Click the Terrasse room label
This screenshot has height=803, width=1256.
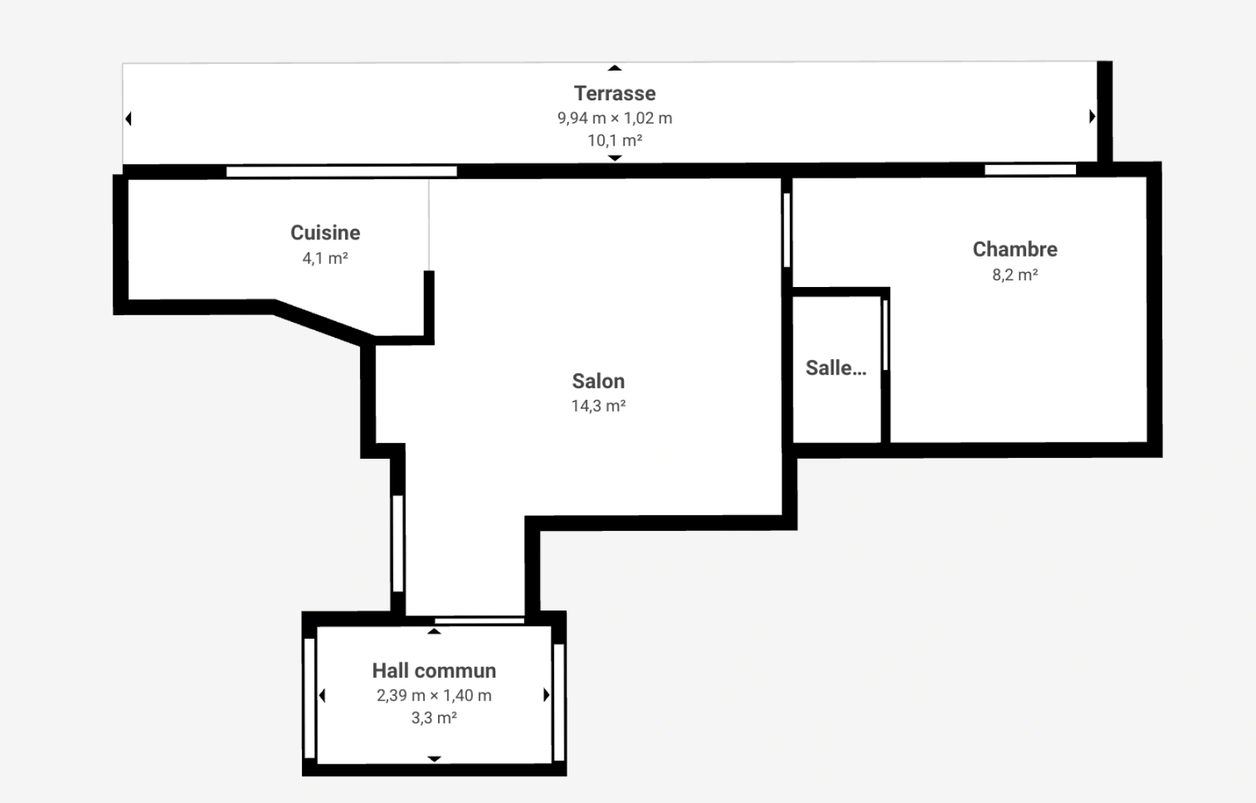(614, 94)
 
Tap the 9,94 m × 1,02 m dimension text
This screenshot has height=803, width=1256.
(614, 118)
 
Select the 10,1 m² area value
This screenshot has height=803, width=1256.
(614, 141)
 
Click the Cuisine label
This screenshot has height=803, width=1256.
(325, 233)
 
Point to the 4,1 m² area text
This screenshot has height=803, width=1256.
(325, 259)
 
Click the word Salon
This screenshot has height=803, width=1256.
(598, 381)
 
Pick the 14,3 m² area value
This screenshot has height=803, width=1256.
(598, 406)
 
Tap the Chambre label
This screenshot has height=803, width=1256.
(1014, 249)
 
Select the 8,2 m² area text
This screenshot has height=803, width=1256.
(1014, 275)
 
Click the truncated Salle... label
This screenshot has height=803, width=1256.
(836, 368)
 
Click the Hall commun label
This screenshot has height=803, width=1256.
(434, 671)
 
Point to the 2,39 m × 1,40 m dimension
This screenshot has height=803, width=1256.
(434, 696)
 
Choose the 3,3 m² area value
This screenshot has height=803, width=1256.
(434, 718)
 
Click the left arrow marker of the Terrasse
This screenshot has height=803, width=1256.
(129, 119)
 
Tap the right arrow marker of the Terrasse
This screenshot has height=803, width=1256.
(1092, 116)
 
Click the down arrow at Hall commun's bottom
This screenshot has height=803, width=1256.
(434, 759)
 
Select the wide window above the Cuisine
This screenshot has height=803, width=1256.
(341, 172)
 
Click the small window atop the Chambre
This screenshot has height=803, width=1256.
(1030, 170)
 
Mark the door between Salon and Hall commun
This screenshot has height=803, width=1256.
(479, 620)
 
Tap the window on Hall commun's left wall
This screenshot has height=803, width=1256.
(309, 698)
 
